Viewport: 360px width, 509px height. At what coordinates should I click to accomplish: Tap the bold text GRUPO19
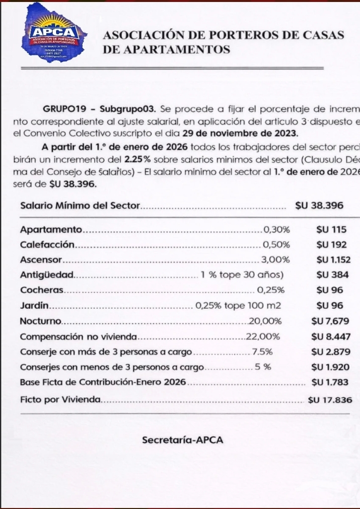[67, 109]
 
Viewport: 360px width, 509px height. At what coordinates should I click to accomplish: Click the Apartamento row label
[51, 230]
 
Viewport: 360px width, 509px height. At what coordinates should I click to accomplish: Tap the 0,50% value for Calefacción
[276, 245]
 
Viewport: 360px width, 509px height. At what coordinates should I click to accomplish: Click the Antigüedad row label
[48, 274]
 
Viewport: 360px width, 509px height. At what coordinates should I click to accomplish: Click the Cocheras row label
[43, 290]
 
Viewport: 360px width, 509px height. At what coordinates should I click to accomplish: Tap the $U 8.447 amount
[331, 336]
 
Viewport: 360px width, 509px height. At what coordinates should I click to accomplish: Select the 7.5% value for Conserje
[262, 352]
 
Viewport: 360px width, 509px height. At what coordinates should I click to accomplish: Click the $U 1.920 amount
[331, 367]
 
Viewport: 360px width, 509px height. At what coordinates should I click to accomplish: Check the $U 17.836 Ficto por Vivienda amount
[330, 400]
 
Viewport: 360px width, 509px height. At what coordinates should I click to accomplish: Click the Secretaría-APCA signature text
[183, 440]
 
